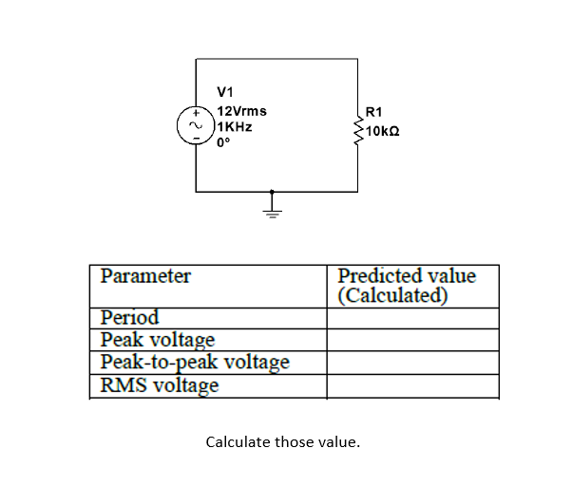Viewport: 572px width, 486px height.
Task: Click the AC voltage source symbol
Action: [197, 125]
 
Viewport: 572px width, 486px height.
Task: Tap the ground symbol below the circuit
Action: [274, 204]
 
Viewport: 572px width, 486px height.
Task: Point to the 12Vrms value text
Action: [236, 111]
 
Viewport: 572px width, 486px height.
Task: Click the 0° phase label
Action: [223, 142]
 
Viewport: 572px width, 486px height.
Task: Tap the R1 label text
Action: [372, 111]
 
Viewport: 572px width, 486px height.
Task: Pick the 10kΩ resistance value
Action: [382, 127]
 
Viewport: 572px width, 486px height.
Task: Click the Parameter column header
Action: [146, 276]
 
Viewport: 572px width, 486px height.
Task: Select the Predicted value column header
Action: [407, 285]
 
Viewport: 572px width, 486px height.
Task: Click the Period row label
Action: [130, 317]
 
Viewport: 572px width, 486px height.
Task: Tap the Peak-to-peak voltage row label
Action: [195, 363]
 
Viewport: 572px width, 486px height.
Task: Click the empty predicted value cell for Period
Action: [412, 317]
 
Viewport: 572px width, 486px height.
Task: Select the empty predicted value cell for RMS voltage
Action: [412, 385]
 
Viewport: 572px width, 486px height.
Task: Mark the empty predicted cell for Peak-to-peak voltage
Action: [412, 363]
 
